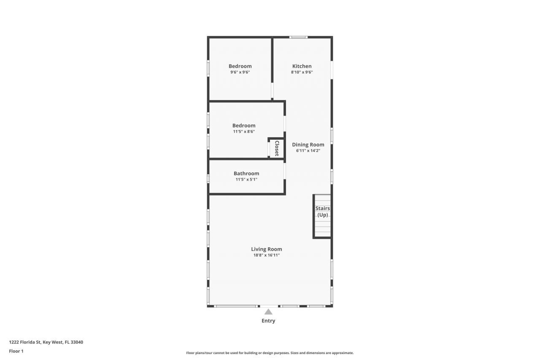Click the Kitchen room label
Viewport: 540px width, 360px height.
click(x=302, y=66)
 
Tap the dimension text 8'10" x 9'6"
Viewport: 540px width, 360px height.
click(x=302, y=72)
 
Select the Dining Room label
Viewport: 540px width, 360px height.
click(x=308, y=144)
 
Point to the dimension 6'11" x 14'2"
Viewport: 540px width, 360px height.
click(x=308, y=151)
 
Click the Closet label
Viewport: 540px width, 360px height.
click(x=277, y=148)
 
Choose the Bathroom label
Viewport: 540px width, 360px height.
click(x=246, y=173)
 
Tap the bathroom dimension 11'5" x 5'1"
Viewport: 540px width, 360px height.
click(x=246, y=179)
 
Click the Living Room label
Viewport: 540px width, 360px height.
click(x=266, y=249)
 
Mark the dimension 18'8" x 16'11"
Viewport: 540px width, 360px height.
click(x=266, y=255)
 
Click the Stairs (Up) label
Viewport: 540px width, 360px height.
click(x=323, y=211)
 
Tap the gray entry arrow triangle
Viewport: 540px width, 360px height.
click(x=268, y=312)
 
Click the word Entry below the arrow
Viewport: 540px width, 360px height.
click(x=268, y=321)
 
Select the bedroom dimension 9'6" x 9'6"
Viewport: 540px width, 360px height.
click(x=240, y=72)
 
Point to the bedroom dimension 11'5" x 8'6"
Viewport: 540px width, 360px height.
click(x=244, y=131)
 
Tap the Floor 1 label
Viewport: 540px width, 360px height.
click(x=16, y=351)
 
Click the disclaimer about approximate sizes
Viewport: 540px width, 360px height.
click(x=270, y=353)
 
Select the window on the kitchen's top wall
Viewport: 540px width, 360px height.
click(x=298, y=37)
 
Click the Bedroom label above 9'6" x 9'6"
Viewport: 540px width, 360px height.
click(x=240, y=66)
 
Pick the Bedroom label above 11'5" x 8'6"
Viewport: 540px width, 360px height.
click(x=244, y=125)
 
